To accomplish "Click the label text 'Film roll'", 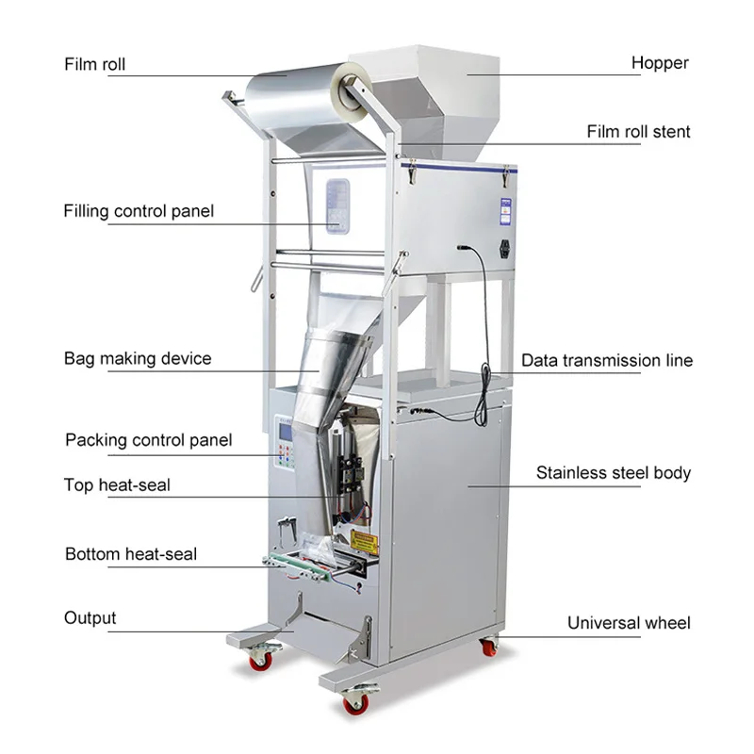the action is click(x=94, y=65).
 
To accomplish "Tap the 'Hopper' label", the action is click(x=660, y=63).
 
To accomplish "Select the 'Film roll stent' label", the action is click(x=638, y=131).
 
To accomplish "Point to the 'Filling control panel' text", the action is click(x=139, y=210).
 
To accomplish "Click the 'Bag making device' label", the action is click(x=138, y=358).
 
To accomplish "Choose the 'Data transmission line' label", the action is click(x=607, y=360).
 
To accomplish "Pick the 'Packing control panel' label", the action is click(x=148, y=440).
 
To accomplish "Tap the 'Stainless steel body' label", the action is click(x=614, y=472).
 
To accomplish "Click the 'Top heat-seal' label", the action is click(x=117, y=485).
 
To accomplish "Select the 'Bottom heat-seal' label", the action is click(x=131, y=553).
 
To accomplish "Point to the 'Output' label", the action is click(x=90, y=618).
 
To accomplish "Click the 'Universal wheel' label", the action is click(x=629, y=623).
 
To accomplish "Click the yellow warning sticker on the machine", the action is click(x=364, y=542).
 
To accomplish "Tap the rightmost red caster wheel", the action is click(x=488, y=647).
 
